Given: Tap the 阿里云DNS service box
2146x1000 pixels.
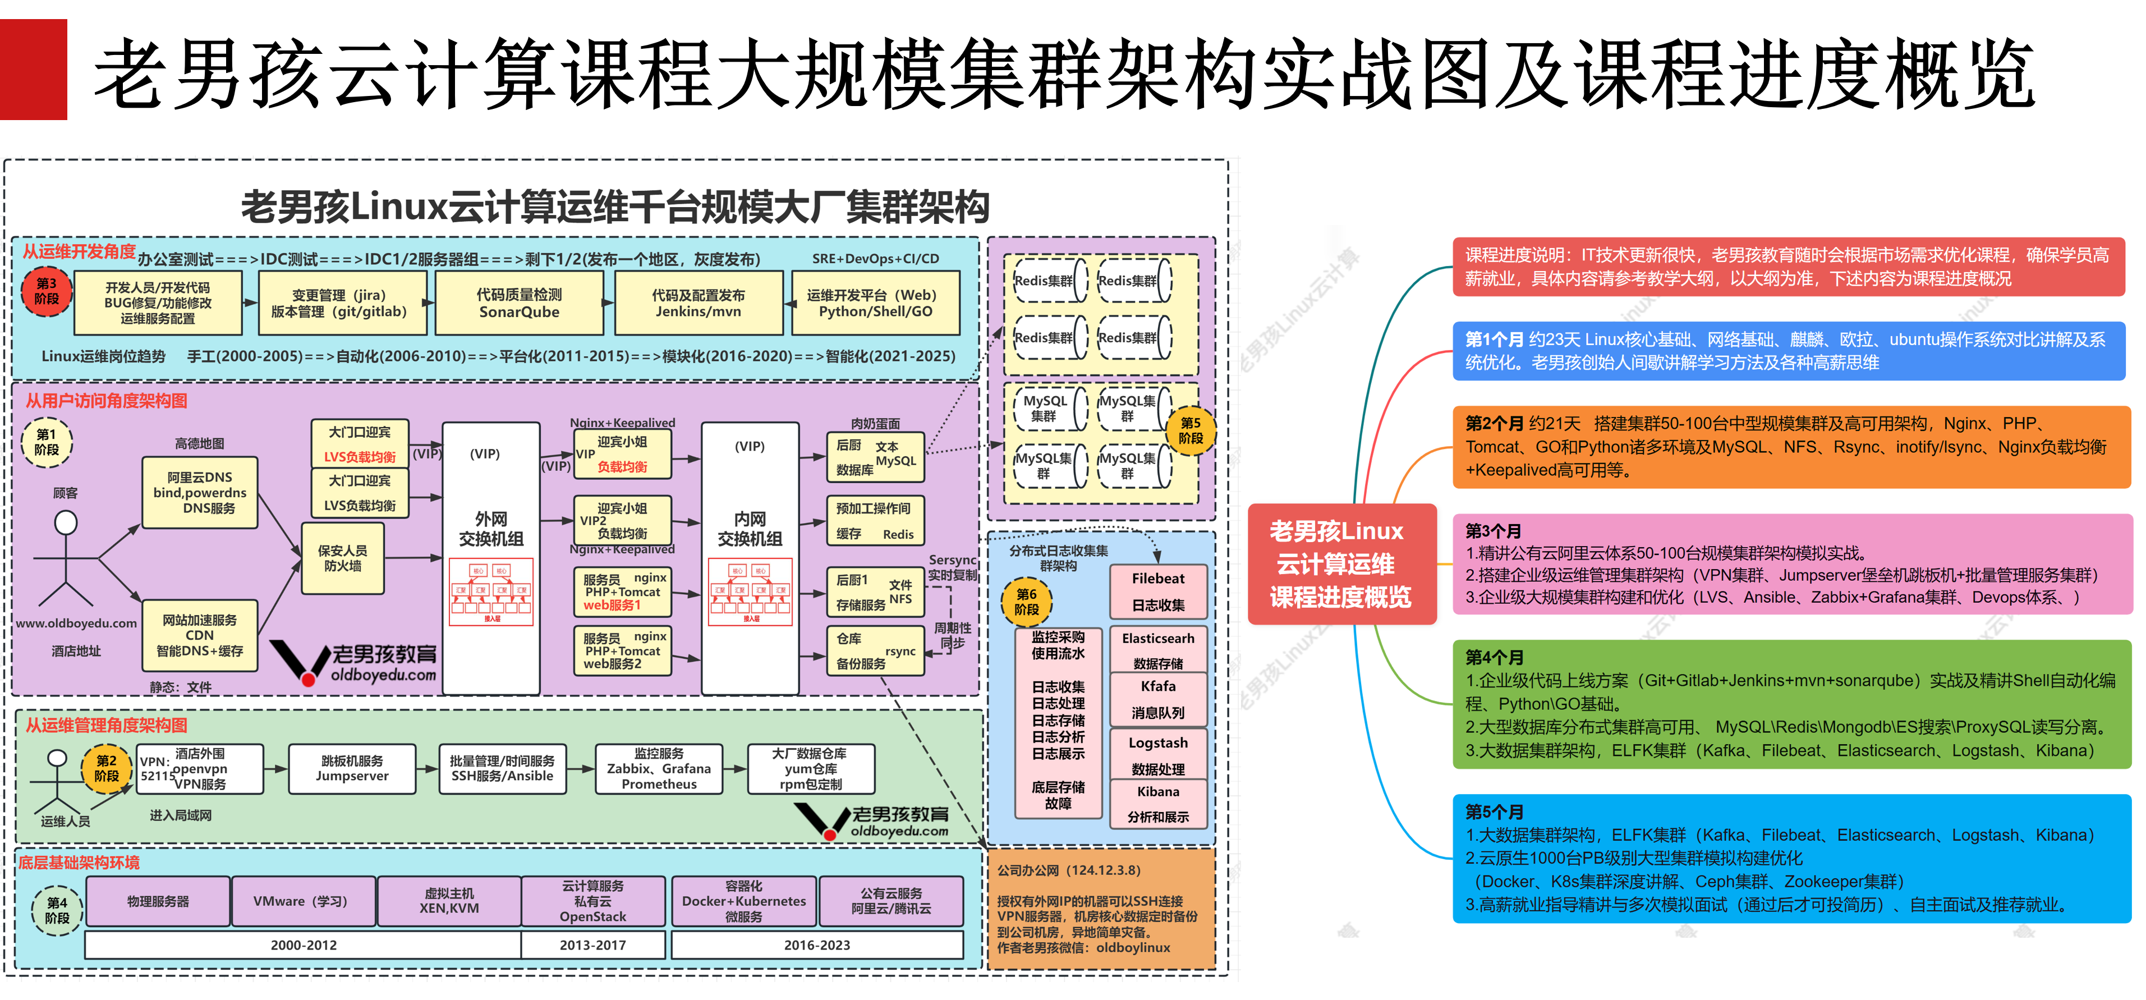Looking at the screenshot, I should (x=200, y=493).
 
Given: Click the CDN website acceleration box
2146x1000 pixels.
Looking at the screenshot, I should (x=200, y=635).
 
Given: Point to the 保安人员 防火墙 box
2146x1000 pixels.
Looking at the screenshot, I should (x=342, y=557).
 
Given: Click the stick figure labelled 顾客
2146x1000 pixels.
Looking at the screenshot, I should (x=66, y=558).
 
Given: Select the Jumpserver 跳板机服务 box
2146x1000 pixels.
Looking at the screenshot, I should (x=352, y=768).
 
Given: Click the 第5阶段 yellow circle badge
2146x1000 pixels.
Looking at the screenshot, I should (x=1191, y=430).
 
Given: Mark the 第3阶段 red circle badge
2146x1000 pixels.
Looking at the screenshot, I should (x=47, y=291).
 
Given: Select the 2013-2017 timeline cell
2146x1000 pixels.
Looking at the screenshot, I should (x=592, y=945).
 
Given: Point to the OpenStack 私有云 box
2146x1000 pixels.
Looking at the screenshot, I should (x=592, y=901).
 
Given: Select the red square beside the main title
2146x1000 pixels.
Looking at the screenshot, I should (x=33, y=69).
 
